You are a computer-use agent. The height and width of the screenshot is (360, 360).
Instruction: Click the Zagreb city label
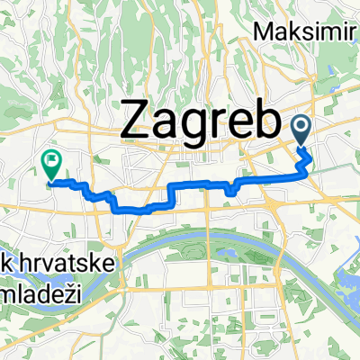click(x=197, y=120)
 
